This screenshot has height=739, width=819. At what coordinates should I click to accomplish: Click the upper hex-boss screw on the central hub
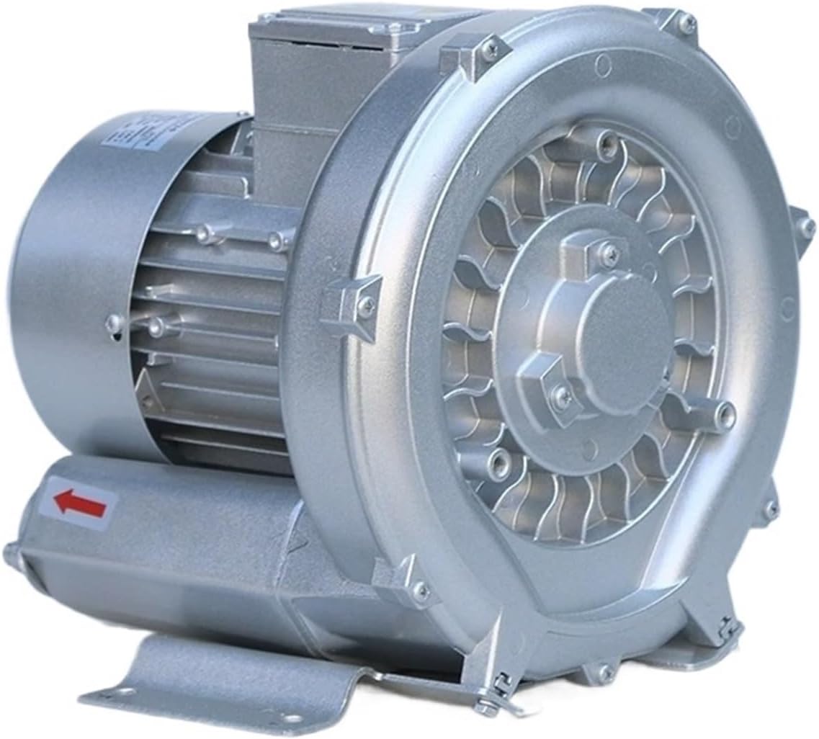609,253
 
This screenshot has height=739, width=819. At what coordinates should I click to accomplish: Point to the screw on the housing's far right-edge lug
805,226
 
